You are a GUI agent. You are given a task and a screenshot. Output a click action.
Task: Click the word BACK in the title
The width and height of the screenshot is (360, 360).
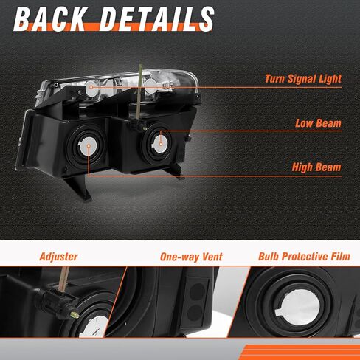coord(51,19)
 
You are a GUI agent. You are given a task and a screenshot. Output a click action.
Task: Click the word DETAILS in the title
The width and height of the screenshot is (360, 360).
coord(156,19)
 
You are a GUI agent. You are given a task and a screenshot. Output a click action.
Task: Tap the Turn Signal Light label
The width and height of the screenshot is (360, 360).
coord(303,79)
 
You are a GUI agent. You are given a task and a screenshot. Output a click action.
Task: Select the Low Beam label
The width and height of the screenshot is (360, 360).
coord(319,123)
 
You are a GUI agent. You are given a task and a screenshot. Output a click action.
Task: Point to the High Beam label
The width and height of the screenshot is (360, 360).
coord(316,167)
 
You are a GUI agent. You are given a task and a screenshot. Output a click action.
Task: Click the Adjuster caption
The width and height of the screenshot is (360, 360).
coord(58,257)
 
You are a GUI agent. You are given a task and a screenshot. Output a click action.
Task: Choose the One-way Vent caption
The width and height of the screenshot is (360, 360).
coord(191,257)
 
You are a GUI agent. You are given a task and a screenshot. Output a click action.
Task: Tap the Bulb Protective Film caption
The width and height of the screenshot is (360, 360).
coord(304,257)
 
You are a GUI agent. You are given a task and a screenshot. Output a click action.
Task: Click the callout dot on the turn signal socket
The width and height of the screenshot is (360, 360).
coord(91,87)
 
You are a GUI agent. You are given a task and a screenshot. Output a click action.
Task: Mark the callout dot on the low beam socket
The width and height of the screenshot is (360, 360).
coord(161,144)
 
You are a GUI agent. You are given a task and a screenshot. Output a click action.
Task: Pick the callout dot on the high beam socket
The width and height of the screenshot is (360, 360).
coord(89,146)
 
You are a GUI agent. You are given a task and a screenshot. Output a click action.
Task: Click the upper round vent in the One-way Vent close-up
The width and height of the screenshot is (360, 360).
coord(198,291)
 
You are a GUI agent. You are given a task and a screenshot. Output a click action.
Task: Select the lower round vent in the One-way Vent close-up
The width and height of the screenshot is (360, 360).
coord(196,312)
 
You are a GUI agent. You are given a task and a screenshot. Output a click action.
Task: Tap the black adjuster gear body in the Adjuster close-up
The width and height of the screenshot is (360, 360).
coord(58,302)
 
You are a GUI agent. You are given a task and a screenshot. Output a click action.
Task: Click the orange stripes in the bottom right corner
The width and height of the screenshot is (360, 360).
coord(301,352)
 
